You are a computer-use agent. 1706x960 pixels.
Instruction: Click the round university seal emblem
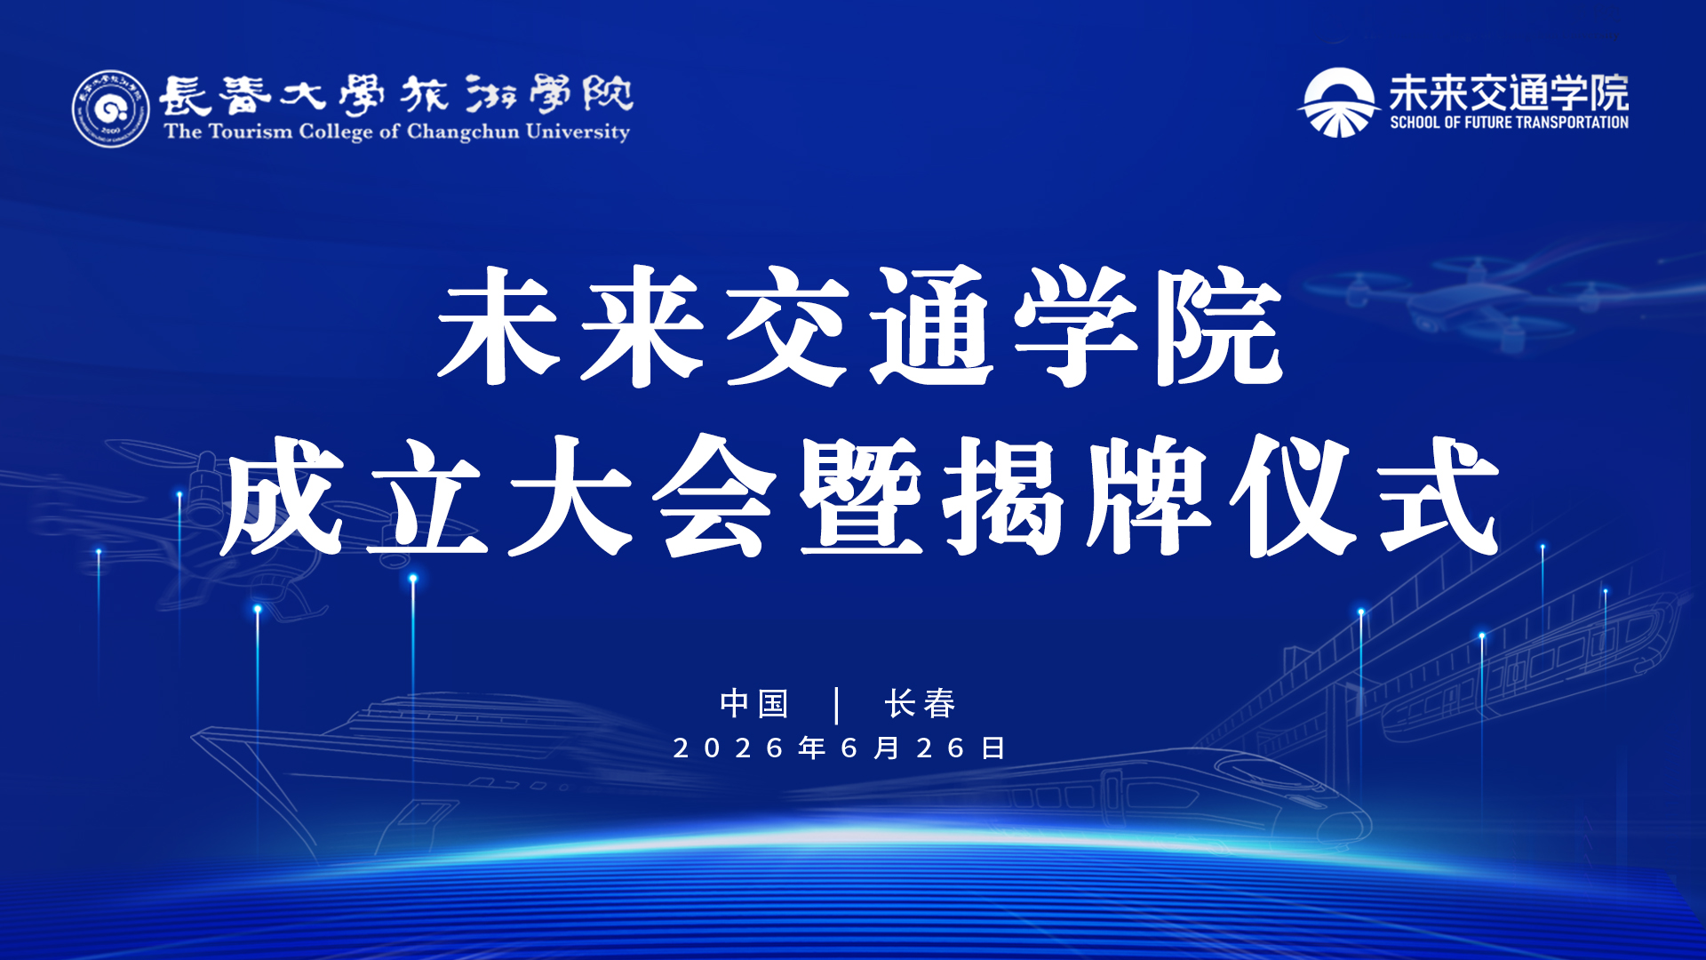click(x=111, y=108)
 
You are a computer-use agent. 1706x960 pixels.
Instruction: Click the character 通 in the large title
click(x=931, y=326)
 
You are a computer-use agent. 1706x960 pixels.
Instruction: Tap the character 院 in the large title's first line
click(x=1219, y=326)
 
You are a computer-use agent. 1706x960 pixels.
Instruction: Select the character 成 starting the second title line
click(x=283, y=496)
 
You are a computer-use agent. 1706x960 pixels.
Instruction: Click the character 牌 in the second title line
click(x=1148, y=496)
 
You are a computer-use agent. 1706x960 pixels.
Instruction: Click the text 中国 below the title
click(x=754, y=703)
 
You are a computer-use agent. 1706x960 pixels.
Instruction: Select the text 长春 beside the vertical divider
click(x=920, y=703)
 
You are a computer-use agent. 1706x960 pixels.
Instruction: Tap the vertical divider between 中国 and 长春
click(x=837, y=705)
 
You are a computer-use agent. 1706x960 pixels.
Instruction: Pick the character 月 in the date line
click(x=887, y=748)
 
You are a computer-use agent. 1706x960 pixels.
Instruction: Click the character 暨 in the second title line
click(x=860, y=496)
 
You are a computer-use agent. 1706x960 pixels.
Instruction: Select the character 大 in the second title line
click(x=570, y=496)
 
